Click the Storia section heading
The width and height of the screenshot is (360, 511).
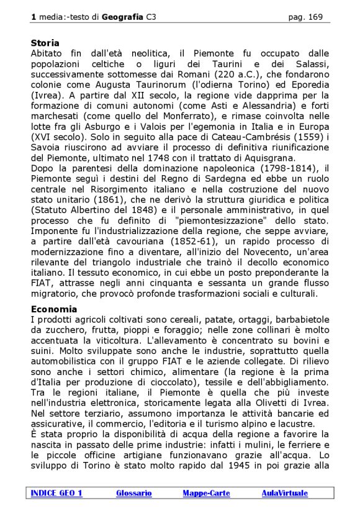pyautogui.click(x=45, y=43)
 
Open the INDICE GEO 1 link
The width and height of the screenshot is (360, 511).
pyautogui.click(x=56, y=493)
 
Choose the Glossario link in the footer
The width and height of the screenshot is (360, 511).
pyautogui.click(x=133, y=493)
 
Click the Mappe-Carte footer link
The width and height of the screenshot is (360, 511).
pyautogui.click(x=206, y=493)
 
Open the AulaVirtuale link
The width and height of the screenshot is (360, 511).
pyautogui.click(x=284, y=493)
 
